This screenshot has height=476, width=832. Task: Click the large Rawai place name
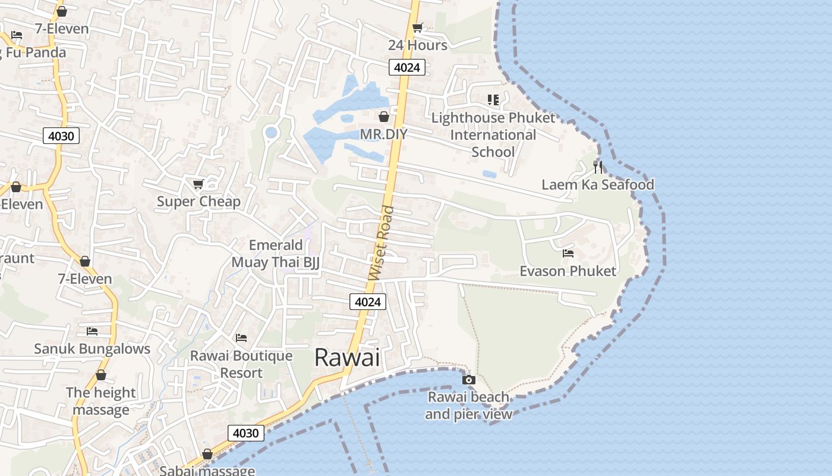(346, 358)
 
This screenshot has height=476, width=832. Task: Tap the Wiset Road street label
(382, 243)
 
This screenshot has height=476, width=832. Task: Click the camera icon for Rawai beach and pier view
(469, 379)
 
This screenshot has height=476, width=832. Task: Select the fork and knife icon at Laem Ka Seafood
(598, 167)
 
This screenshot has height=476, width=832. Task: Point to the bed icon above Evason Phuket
(568, 253)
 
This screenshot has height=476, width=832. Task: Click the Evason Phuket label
(568, 271)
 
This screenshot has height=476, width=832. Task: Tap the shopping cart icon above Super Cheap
(198, 184)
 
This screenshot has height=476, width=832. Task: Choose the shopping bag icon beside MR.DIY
(384, 117)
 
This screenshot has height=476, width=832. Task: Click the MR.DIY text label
(384, 134)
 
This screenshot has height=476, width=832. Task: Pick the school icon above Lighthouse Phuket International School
(493, 100)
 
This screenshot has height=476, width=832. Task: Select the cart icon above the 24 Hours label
(418, 27)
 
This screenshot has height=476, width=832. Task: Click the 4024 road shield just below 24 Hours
(407, 67)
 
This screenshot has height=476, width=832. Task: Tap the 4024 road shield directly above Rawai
(367, 302)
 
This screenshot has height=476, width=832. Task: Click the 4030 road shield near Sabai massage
(245, 433)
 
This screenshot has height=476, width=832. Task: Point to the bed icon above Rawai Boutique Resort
(241, 338)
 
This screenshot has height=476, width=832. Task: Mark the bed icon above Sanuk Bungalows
(92, 331)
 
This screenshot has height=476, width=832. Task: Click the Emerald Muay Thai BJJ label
(276, 253)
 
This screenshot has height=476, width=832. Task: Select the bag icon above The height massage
(101, 375)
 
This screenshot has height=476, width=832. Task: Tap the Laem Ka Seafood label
(598, 184)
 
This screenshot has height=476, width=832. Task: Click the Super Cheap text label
(198, 202)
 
